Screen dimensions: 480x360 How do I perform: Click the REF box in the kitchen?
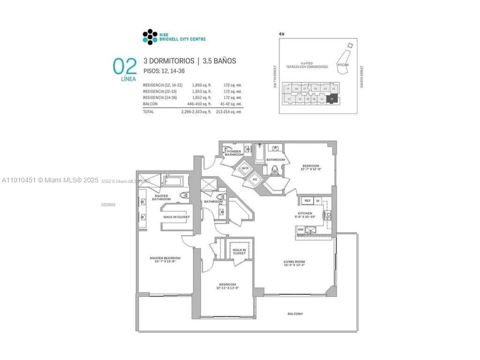[307, 201]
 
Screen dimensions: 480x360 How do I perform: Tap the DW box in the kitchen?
[300, 230]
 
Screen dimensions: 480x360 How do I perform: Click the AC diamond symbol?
[255, 179]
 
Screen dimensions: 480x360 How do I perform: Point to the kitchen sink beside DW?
[311, 230]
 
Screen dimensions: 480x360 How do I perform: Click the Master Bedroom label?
[165, 258]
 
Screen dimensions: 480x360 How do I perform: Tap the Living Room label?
[294, 262]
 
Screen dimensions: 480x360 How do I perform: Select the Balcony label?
[295, 314]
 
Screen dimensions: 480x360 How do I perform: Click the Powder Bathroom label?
[234, 153]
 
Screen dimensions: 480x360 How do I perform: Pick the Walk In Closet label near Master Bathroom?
[176, 217]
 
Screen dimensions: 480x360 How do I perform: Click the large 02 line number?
[124, 66]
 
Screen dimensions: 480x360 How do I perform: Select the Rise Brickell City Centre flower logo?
[149, 37]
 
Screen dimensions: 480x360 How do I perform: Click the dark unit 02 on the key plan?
[332, 99]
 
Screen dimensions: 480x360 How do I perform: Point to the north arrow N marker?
[282, 34]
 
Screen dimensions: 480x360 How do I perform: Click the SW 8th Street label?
[362, 76]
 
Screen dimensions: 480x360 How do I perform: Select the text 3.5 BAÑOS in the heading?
[219, 61]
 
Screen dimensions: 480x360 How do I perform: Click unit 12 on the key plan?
[289, 99]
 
